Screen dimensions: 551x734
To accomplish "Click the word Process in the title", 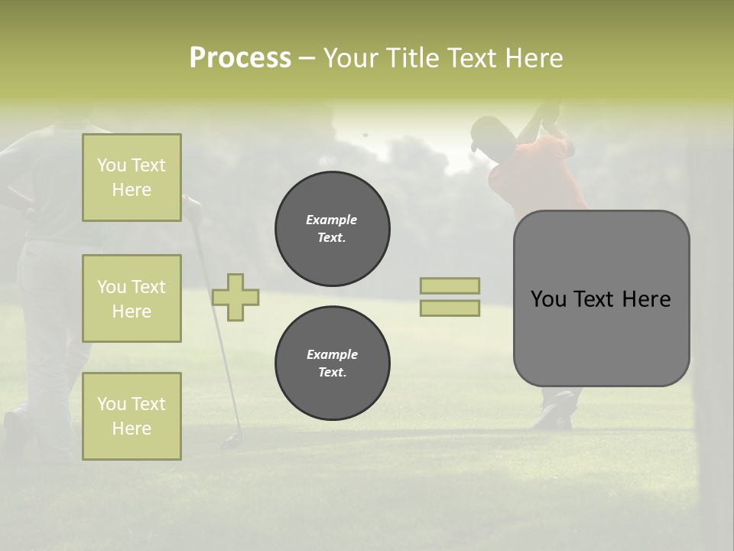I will [240, 58].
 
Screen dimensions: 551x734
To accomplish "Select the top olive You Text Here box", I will [132, 178].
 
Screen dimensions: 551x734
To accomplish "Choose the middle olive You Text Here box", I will [132, 298].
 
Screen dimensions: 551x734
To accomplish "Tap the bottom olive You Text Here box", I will [132, 416].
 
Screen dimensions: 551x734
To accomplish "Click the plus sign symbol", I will [235, 297].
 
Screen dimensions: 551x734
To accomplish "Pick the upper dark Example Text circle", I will [333, 229].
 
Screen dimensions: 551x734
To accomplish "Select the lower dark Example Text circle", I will [333, 364].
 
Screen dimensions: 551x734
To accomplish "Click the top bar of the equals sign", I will [450, 286].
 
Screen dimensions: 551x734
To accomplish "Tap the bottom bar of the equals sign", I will [450, 308].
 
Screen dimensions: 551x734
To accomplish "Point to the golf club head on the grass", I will [230, 441].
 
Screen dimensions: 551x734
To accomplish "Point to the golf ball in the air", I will [365, 135].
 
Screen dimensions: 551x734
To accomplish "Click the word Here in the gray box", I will [646, 299].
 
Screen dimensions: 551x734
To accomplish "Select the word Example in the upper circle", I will [332, 220].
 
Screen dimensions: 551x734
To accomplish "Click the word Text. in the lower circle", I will [332, 373].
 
